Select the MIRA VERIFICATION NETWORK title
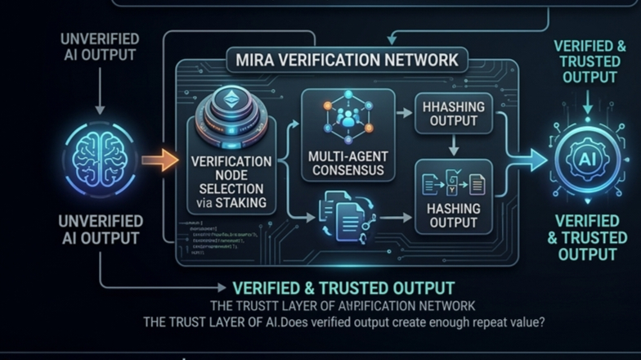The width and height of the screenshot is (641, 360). point(347,61)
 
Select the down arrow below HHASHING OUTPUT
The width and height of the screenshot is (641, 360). point(452,145)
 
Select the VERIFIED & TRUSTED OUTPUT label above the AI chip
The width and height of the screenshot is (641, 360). point(586,61)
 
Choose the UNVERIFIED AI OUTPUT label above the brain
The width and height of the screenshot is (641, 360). point(100,47)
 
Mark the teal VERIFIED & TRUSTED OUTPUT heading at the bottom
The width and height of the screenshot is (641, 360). point(343,288)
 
